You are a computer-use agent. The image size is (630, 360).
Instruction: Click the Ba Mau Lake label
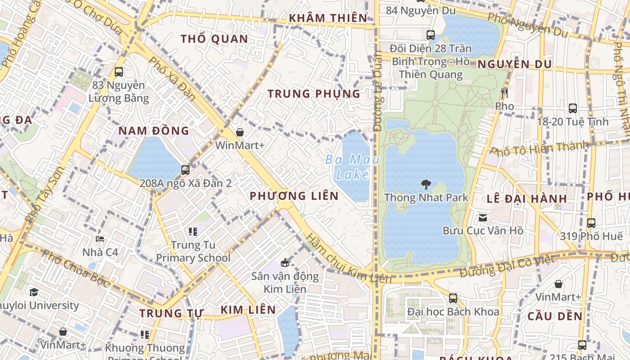click(352, 166)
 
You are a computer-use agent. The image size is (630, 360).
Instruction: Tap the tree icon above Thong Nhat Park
click(426, 184)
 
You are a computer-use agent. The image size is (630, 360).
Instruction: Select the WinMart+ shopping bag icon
click(240, 132)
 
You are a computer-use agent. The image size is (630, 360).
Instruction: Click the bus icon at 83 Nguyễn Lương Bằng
click(119, 72)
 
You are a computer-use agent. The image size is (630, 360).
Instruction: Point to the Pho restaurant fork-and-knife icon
click(504, 93)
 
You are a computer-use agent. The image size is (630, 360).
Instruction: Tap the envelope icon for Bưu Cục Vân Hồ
click(483, 218)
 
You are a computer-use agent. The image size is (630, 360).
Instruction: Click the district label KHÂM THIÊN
click(328, 18)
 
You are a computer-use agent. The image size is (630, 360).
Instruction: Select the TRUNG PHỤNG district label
click(314, 94)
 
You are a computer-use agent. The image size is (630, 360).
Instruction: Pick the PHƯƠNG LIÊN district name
click(294, 196)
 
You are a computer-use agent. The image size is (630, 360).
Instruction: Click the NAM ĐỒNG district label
click(153, 131)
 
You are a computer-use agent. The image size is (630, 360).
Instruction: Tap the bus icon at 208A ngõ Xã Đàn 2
click(185, 170)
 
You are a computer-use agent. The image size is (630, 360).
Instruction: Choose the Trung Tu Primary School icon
click(193, 232)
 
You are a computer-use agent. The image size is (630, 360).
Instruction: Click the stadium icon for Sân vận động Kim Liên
click(284, 262)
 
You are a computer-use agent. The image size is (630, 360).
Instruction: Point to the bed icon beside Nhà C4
click(100, 238)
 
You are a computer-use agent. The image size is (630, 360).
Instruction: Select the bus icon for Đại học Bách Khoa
click(453, 298)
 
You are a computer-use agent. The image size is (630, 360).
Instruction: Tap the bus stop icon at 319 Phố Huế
click(591, 223)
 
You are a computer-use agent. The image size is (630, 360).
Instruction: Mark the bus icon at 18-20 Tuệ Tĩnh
click(573, 108)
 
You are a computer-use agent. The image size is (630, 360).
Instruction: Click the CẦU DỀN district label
click(555, 316)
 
